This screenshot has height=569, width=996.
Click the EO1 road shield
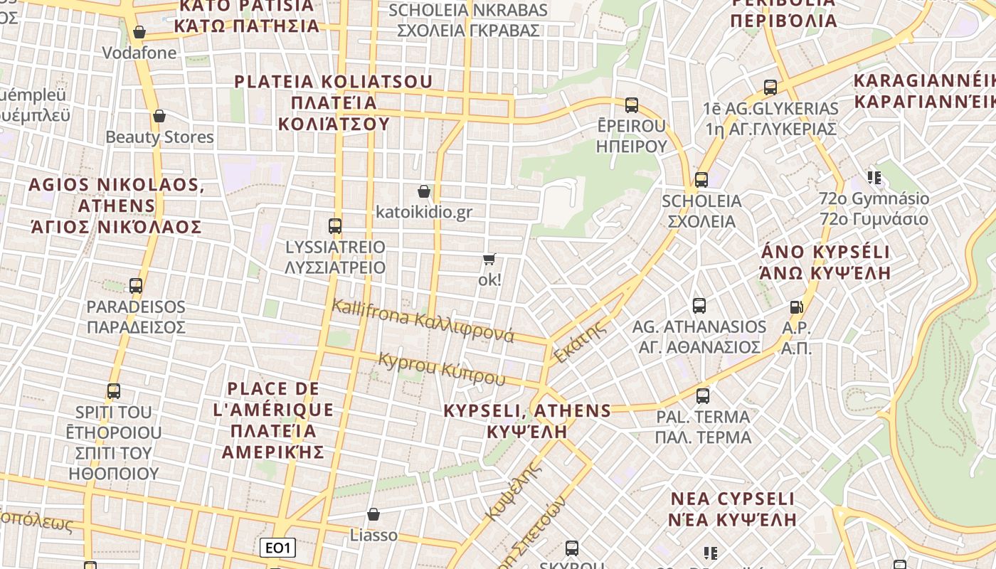(x=277, y=548)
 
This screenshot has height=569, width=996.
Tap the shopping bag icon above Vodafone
(x=139, y=32)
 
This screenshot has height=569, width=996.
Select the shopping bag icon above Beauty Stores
(x=159, y=116)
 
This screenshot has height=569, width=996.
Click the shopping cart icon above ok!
(x=489, y=259)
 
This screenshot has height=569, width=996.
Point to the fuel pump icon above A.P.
(x=796, y=307)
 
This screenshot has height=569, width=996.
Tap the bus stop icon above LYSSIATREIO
(x=335, y=226)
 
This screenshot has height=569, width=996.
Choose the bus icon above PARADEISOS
(x=136, y=286)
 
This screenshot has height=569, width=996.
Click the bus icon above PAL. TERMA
(x=703, y=395)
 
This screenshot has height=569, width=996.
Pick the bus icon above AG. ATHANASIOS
(x=699, y=306)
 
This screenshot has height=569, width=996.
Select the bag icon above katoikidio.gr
(x=424, y=191)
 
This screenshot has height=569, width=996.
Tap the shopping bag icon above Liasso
(x=373, y=514)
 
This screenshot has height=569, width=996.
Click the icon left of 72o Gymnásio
(x=874, y=177)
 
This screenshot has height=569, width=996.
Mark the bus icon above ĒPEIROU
(x=632, y=105)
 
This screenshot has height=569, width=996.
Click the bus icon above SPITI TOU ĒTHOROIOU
(x=114, y=391)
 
